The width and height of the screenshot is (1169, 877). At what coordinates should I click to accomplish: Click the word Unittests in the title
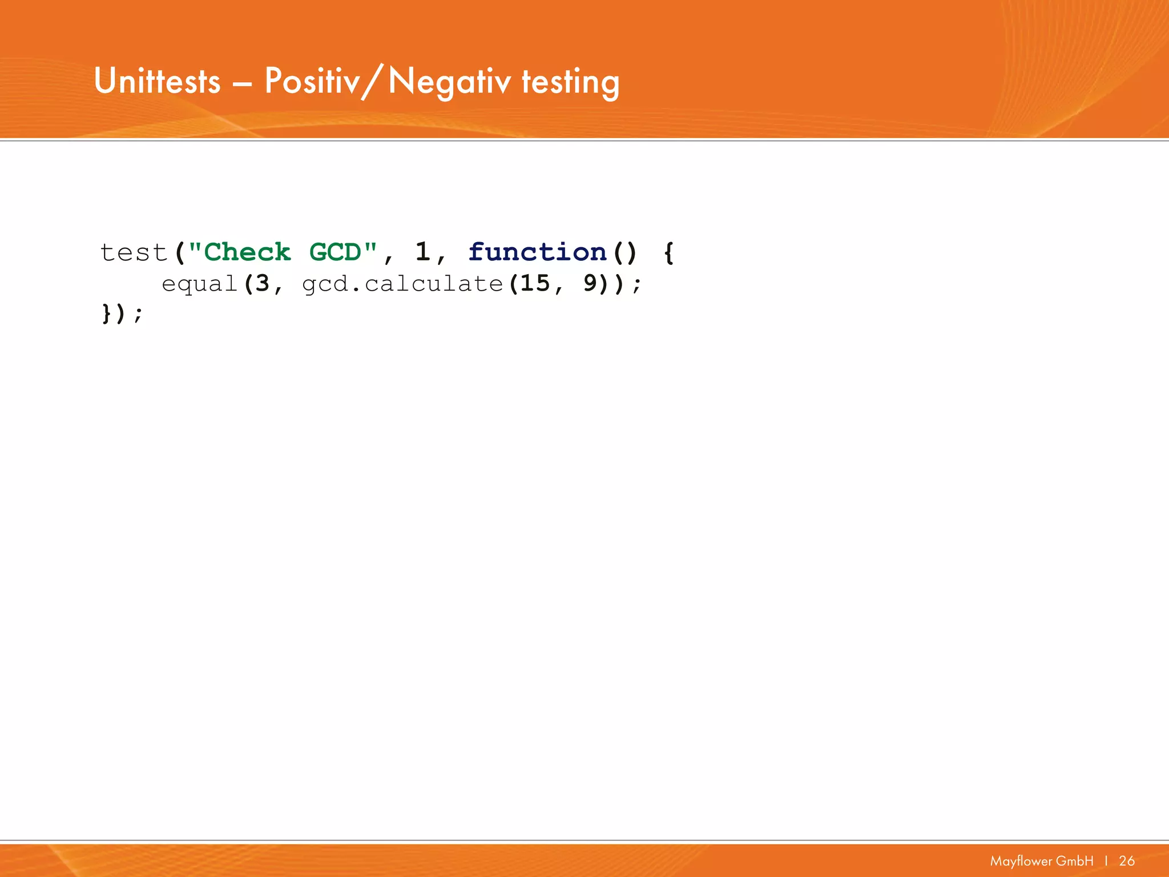157,81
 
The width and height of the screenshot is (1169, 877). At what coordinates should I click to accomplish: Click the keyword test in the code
134,252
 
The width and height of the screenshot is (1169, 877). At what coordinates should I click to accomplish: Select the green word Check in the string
247,252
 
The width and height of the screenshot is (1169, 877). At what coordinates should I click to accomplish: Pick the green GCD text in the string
335,252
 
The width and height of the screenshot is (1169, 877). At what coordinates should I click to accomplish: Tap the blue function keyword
537,252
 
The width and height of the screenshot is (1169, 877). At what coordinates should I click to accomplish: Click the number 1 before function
422,252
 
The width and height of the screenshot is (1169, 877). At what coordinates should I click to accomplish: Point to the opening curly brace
669,253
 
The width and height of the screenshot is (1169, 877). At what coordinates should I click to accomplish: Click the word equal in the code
199,284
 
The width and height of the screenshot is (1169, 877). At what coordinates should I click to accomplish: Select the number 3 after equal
262,284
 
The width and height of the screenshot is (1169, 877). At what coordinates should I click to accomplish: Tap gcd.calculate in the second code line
402,284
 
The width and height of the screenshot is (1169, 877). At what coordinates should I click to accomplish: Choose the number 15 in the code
535,284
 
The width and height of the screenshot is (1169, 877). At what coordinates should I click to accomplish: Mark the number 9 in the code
590,284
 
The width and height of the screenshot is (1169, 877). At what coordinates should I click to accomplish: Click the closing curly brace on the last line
106,313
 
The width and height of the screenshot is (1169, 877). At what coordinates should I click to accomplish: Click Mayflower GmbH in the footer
1042,861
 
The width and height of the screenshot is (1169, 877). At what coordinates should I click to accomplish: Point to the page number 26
1127,861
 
